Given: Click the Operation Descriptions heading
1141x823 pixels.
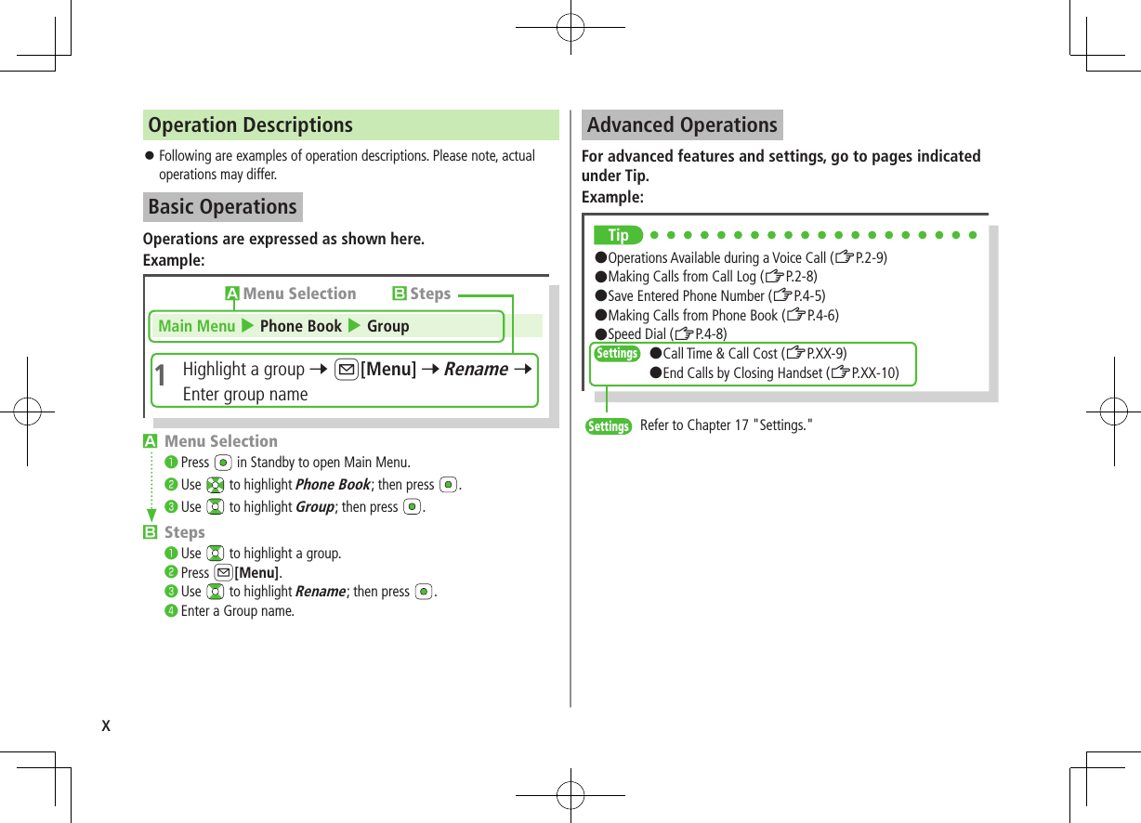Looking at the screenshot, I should tap(251, 125).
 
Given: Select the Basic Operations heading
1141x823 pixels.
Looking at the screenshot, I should tap(223, 207).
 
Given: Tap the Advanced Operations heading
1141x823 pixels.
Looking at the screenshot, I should tap(682, 125).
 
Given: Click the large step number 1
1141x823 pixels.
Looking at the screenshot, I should tap(161, 377).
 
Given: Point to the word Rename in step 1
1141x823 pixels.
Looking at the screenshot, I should tap(476, 370).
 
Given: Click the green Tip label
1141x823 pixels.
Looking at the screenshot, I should tap(618, 235).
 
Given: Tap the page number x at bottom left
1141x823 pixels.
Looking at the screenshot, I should tap(106, 725).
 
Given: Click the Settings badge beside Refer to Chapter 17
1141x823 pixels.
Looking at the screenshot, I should tap(609, 426).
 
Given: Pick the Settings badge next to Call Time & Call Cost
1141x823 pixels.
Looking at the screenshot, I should tap(617, 354).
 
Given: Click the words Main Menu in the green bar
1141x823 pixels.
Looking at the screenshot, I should tap(197, 326).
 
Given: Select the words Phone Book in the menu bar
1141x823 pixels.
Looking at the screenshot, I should tap(301, 326).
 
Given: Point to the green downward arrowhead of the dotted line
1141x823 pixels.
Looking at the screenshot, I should tap(151, 516).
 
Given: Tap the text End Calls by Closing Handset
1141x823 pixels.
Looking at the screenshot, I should tap(742, 373).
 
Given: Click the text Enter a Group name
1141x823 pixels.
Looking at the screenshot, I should tap(237, 611).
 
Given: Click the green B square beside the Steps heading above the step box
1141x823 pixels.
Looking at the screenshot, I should tap(400, 294).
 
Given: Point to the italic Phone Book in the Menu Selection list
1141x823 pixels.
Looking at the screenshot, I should tap(333, 485).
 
